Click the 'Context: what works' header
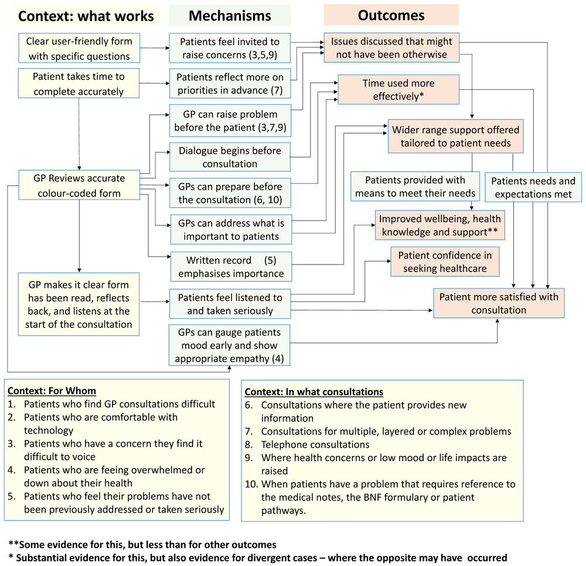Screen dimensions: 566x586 coord(86,16)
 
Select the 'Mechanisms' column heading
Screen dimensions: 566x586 coord(229,16)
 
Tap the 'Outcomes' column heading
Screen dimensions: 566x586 coord(391,15)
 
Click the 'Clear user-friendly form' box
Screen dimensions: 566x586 coord(79,49)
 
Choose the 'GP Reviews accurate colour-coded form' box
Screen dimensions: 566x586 coord(79,186)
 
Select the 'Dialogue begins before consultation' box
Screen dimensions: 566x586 coord(230,157)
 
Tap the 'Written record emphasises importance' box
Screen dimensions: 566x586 coord(230,267)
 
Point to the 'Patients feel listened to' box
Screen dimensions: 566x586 coord(230,304)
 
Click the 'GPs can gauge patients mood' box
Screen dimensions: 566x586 coord(230,345)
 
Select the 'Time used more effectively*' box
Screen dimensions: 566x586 coord(398,90)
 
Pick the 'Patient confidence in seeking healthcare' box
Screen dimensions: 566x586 coord(445,262)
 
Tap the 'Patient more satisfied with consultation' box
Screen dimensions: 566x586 coord(499,303)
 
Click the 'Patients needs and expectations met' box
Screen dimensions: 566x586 coord(533,187)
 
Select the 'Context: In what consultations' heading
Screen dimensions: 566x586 coord(314,392)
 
